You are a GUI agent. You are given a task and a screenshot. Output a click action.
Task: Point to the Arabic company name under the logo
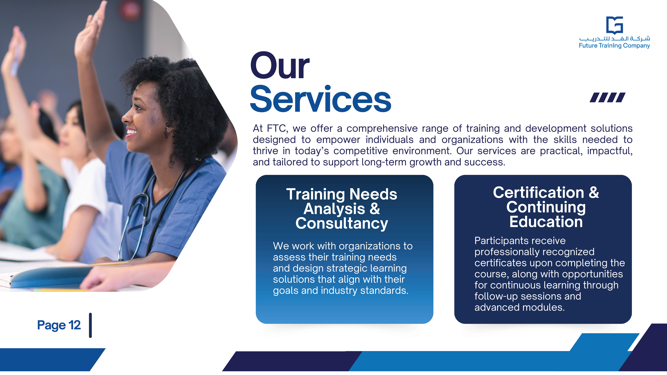[x=614, y=39]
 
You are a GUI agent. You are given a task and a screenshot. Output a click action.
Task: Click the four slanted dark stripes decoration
[x=607, y=98]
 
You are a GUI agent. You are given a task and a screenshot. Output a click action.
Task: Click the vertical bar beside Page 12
[x=90, y=325]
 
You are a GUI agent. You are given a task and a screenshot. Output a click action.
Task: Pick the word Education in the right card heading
[x=546, y=222]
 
